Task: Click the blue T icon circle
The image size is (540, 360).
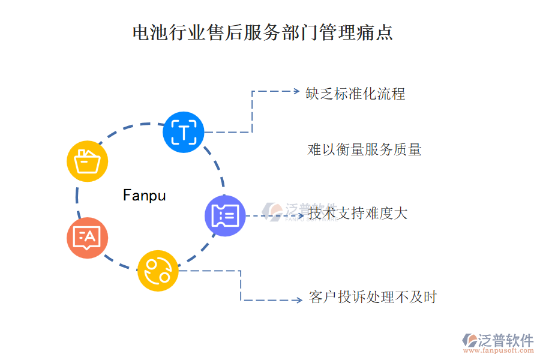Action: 184,132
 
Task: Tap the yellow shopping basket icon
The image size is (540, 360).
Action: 86,161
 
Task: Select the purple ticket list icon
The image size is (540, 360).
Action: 225,215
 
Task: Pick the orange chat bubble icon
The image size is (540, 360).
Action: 87,238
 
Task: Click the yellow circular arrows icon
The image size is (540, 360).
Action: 158,271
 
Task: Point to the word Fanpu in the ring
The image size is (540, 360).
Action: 144,196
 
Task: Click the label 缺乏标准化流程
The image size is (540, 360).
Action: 355,94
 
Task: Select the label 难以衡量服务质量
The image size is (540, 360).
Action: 364,149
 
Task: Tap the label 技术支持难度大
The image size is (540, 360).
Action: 358,213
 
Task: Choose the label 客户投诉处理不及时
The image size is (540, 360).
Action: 373,297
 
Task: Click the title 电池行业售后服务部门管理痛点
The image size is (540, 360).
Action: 262,32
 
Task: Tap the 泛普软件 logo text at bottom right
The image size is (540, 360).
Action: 506,340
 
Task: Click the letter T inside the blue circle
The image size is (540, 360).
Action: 184,132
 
